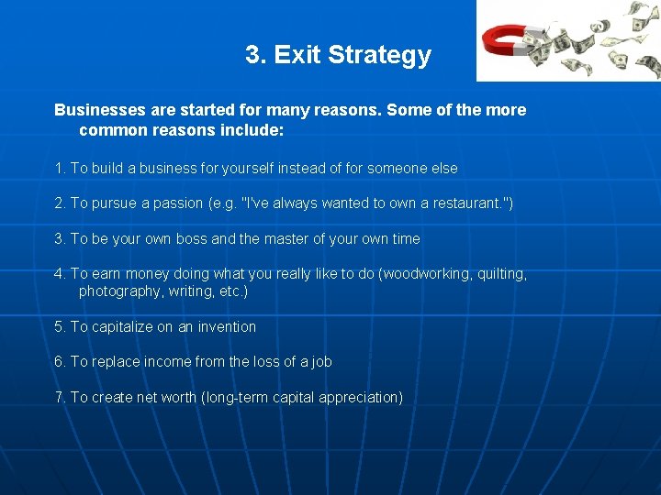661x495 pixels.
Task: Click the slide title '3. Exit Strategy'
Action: coord(338,55)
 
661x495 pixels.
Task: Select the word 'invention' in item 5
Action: coord(227,326)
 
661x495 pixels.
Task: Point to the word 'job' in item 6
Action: coord(320,361)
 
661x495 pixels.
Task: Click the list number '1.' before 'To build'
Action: coord(61,169)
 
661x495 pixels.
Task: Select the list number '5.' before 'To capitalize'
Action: coord(61,326)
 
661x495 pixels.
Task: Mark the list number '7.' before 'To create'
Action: coord(61,397)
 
